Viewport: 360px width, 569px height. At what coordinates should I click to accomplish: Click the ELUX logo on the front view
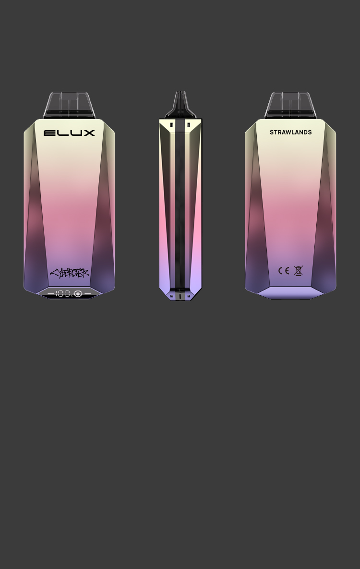coord(69,133)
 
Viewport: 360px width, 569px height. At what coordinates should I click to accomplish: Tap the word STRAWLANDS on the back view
coord(290,133)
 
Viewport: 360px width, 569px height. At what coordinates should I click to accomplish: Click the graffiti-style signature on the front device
coord(70,273)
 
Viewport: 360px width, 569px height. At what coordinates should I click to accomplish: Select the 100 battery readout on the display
coord(62,293)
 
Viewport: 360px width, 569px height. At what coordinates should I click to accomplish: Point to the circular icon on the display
coord(78,293)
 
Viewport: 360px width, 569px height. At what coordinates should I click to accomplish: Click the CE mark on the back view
coord(284,271)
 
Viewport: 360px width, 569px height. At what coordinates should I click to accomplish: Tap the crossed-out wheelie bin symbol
coord(298,271)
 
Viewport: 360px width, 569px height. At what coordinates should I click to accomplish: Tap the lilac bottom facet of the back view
coord(290,292)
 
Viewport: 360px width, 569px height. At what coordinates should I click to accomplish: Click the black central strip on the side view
coord(180,206)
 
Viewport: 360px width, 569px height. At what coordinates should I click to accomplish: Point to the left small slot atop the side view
coord(172,125)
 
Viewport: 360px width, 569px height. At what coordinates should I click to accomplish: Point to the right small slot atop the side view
coord(189,125)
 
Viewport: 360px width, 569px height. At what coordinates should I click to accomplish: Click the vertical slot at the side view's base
coord(180,296)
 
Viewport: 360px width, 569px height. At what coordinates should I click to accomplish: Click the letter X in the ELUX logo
coord(89,133)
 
